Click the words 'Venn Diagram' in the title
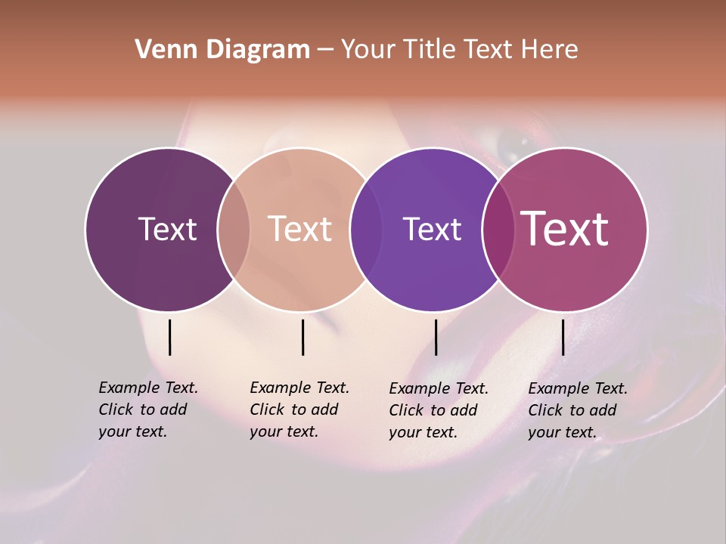(x=222, y=50)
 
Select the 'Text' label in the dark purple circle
(x=167, y=229)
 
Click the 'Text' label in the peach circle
(x=300, y=229)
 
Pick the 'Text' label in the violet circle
(x=432, y=229)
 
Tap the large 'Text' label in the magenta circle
(x=565, y=229)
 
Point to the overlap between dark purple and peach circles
(x=234, y=230)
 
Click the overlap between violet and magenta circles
(x=498, y=230)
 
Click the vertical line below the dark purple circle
(x=170, y=337)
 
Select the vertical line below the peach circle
(x=302, y=337)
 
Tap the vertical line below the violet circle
(x=436, y=337)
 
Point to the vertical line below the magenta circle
(x=563, y=337)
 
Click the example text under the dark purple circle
(x=147, y=410)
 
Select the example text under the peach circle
(x=299, y=410)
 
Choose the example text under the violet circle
(x=438, y=410)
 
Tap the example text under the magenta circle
(x=577, y=410)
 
